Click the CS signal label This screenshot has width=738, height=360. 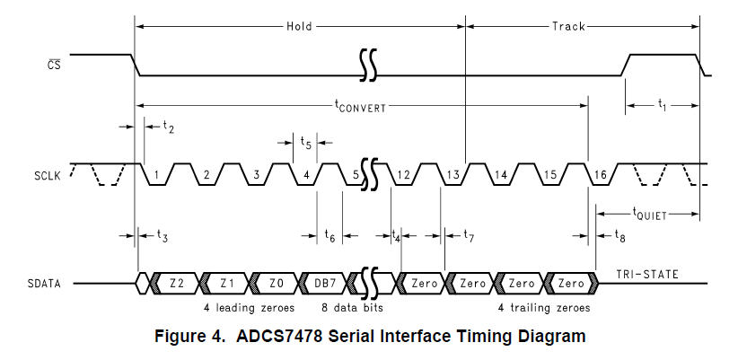[56, 63]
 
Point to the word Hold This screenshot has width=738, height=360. [299, 27]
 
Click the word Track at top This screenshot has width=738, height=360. [567, 27]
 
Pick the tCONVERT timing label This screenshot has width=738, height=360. [360, 105]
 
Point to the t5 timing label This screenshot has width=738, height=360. [306, 142]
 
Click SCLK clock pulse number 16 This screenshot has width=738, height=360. [600, 173]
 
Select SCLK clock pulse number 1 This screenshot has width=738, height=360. [156, 173]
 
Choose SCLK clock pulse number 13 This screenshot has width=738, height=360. [453, 173]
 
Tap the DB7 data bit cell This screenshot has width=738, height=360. [328, 283]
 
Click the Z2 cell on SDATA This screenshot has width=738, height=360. [177, 283]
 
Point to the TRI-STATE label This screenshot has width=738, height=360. [647, 273]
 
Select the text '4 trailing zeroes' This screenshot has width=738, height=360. [544, 307]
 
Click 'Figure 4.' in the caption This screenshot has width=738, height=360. [193, 337]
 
